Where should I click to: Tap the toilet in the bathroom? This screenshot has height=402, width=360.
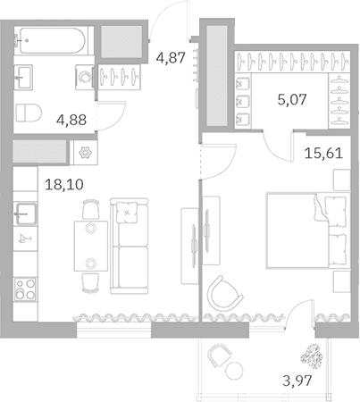point(29,113)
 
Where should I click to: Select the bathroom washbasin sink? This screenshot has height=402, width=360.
point(23,77)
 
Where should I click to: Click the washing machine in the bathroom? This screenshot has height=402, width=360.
point(85,77)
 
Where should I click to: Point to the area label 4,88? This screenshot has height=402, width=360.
point(71,120)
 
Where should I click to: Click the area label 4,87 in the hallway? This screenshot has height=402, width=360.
point(171,57)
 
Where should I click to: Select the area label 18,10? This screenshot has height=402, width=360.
point(64,184)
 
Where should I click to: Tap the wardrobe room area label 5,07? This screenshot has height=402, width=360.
point(292,99)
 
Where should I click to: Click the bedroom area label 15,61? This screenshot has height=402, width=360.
point(323,153)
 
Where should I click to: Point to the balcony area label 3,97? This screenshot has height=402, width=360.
point(297,381)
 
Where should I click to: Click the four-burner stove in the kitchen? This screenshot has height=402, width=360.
point(25,289)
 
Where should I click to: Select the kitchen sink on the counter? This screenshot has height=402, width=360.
point(27,214)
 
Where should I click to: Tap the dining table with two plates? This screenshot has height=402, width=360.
point(91,246)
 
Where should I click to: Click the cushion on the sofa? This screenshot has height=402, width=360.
point(127,212)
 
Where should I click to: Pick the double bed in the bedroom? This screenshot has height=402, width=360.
point(307,230)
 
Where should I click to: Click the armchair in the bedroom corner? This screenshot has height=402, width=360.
point(225,294)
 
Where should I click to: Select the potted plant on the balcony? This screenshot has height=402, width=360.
point(312,356)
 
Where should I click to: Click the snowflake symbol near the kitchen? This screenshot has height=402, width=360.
point(85,153)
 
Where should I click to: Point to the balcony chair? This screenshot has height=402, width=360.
point(220,355)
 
